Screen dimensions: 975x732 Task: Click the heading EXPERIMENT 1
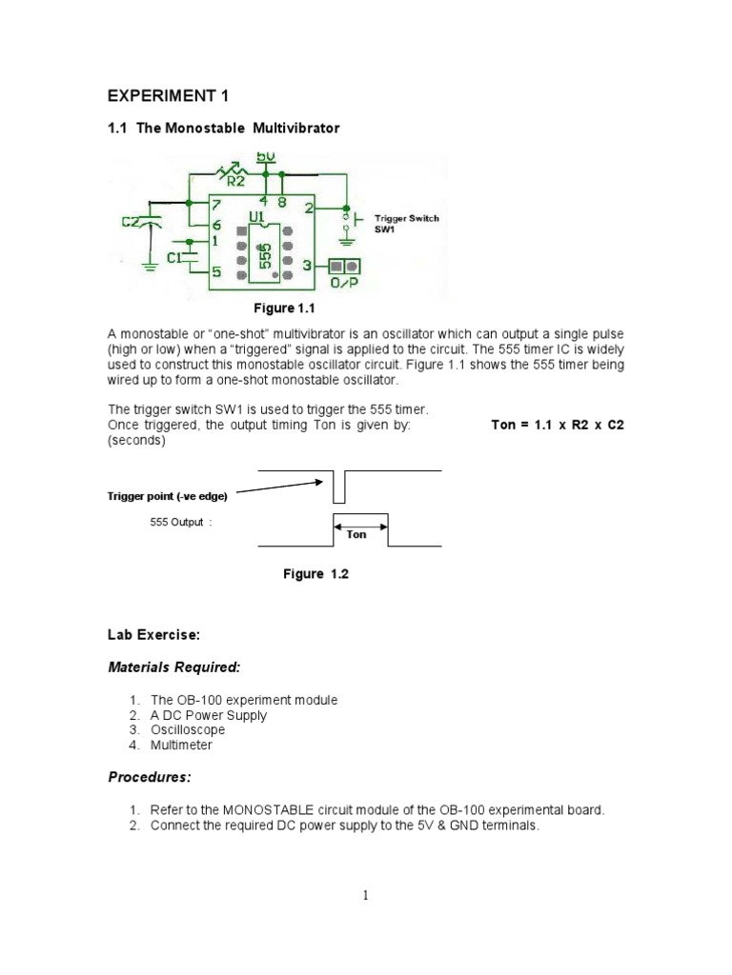tap(167, 96)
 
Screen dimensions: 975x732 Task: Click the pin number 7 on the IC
tap(217, 205)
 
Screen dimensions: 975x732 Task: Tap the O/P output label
tap(344, 283)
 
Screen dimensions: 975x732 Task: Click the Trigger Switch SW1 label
tap(406, 225)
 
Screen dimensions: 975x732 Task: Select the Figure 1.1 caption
tap(283, 308)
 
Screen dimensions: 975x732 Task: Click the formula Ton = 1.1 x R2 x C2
tap(557, 426)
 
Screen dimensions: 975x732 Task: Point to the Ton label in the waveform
tap(356, 534)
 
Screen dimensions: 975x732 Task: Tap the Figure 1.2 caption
tap(315, 574)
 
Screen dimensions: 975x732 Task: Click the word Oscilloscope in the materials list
tap(188, 730)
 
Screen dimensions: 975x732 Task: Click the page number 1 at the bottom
tap(366, 895)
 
